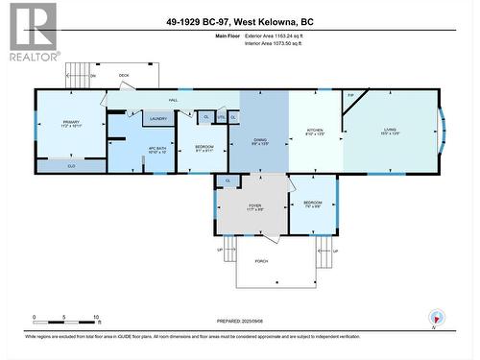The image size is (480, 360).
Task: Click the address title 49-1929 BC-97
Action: (x=241, y=19)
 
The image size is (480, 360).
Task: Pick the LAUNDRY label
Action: (x=158, y=119)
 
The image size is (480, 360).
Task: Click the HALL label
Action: (x=174, y=99)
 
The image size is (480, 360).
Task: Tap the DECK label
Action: (x=124, y=75)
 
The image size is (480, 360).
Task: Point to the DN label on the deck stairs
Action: (x=93, y=76)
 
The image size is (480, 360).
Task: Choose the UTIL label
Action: (x=221, y=117)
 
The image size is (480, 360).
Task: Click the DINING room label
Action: (x=260, y=141)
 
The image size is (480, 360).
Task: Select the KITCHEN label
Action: (x=315, y=130)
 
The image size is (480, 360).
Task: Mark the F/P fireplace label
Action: (x=351, y=95)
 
